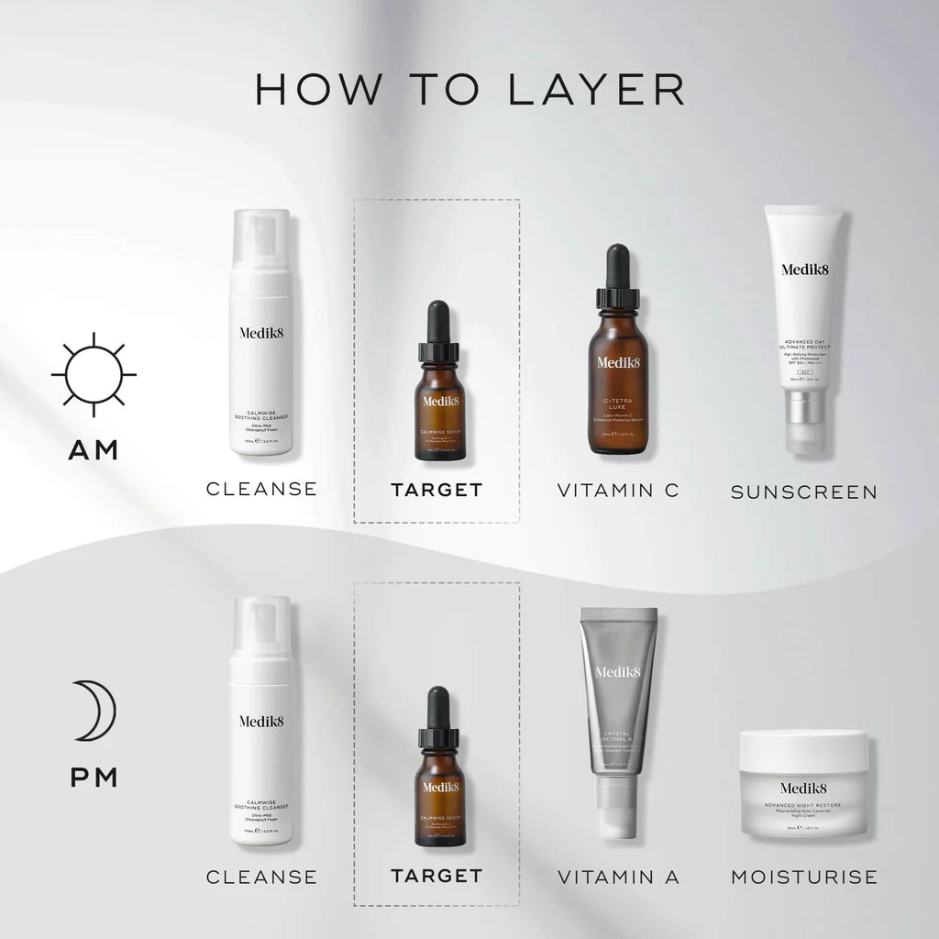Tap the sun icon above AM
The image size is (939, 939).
click(x=94, y=375)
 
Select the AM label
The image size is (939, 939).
click(x=94, y=451)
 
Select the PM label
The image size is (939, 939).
click(x=94, y=779)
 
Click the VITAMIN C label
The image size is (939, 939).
click(x=618, y=491)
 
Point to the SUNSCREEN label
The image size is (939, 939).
click(x=804, y=492)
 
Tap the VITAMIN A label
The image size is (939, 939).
click(x=618, y=878)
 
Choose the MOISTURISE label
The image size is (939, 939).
click(x=804, y=878)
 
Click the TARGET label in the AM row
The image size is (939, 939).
click(x=436, y=491)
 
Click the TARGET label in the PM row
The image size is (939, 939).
click(x=436, y=877)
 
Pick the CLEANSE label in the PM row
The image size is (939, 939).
click(x=261, y=878)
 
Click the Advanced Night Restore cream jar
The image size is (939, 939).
click(x=803, y=784)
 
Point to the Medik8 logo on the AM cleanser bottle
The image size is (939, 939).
click(x=261, y=332)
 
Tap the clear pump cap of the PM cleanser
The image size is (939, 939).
click(x=260, y=624)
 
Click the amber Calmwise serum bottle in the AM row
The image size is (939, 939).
click(x=439, y=408)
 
